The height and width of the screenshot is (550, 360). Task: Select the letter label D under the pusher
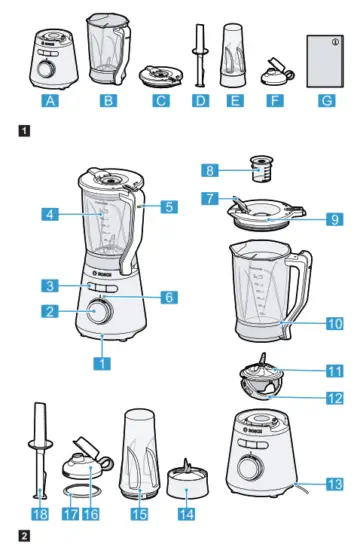(199, 100)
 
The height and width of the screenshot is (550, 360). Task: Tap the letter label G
(321, 100)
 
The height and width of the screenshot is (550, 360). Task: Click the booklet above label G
(321, 59)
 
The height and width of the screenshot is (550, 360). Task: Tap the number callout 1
(101, 364)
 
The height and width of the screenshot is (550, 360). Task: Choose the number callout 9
(334, 220)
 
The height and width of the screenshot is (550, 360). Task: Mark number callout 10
(334, 323)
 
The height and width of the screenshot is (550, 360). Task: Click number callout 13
(334, 484)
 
